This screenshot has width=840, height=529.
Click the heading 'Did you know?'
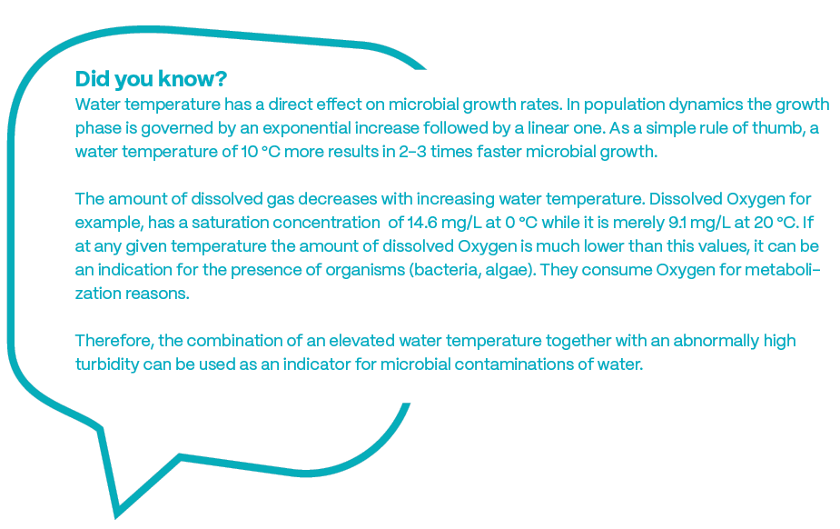pos(151,79)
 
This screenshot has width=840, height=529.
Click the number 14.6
pos(422,223)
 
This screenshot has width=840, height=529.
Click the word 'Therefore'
pos(114,341)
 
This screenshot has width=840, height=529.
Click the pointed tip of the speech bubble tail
pos(115,517)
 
